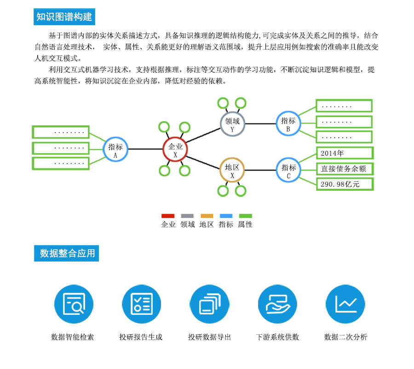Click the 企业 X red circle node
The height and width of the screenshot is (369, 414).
[x=175, y=149]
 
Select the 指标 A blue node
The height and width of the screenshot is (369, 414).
[x=115, y=149]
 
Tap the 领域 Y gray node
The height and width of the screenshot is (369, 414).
[x=232, y=123]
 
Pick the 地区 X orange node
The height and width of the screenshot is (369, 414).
[x=232, y=170]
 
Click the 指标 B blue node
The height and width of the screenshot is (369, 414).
[x=288, y=123]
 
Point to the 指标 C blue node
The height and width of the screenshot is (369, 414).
[x=288, y=170]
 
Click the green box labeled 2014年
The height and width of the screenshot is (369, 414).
[x=344, y=153]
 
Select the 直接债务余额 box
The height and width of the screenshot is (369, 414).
[x=344, y=169]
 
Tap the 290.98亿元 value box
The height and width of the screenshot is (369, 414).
[x=344, y=184]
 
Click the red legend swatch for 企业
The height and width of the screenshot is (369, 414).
[x=168, y=216]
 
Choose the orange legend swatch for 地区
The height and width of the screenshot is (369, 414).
[x=207, y=216]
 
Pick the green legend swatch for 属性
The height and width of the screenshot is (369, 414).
[x=245, y=216]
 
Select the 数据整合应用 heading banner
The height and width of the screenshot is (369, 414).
[x=66, y=253]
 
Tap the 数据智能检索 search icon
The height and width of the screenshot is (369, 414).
[x=74, y=304]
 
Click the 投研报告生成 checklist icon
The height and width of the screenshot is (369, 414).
[x=141, y=304]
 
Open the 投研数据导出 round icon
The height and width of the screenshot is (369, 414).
[x=209, y=304]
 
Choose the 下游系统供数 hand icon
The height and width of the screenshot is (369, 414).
[x=277, y=304]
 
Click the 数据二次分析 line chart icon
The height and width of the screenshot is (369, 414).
[x=345, y=304]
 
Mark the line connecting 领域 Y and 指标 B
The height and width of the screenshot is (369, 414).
[x=260, y=123]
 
